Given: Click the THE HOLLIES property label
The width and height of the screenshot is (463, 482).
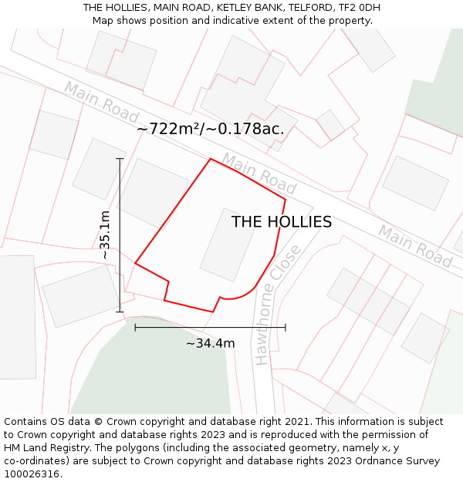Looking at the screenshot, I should pos(282,222).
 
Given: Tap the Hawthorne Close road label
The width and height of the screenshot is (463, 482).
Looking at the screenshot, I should pos(275,306).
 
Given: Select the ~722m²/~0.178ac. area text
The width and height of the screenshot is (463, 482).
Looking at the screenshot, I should pos(211,129).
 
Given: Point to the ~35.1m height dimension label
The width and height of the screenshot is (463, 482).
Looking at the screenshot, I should pos(106,234).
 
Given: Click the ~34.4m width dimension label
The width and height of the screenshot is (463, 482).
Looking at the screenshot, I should pos(210,343).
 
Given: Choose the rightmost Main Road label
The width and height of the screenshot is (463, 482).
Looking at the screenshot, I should pos(414,245).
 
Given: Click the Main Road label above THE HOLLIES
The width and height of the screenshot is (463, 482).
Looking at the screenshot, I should pos(259,173).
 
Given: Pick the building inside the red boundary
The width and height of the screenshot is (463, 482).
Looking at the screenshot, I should pos(228,244).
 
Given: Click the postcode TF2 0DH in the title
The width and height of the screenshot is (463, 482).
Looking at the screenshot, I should pos(358,8).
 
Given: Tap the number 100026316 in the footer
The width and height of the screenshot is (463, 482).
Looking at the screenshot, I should pos(33,474).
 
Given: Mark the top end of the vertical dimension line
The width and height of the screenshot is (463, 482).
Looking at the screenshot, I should pos(120,159).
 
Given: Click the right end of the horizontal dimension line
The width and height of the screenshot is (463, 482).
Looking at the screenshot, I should pos(286,328).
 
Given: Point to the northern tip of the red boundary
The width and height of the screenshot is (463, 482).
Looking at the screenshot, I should pos(211,159).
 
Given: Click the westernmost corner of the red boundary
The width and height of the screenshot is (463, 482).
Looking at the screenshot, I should pos(136,263).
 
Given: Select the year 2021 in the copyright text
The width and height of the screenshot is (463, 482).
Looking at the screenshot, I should pos(297,422).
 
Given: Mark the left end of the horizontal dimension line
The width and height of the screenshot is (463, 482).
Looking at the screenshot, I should pos(135,328).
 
